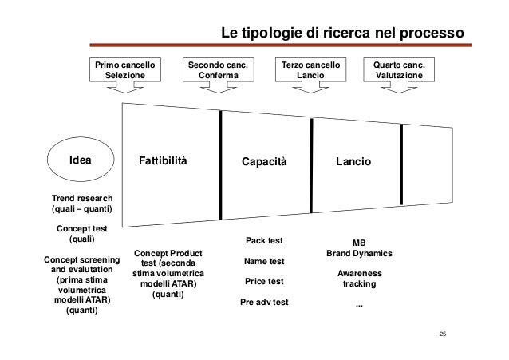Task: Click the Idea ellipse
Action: tap(81, 161)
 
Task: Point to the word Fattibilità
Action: tap(164, 162)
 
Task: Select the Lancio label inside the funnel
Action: tap(353, 162)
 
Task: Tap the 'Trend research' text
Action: tap(82, 198)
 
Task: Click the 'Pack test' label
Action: tap(264, 240)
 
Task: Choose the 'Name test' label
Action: tap(264, 261)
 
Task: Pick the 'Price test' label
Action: tap(264, 282)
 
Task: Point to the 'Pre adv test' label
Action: tap(264, 303)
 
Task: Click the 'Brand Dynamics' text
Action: tap(360, 254)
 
